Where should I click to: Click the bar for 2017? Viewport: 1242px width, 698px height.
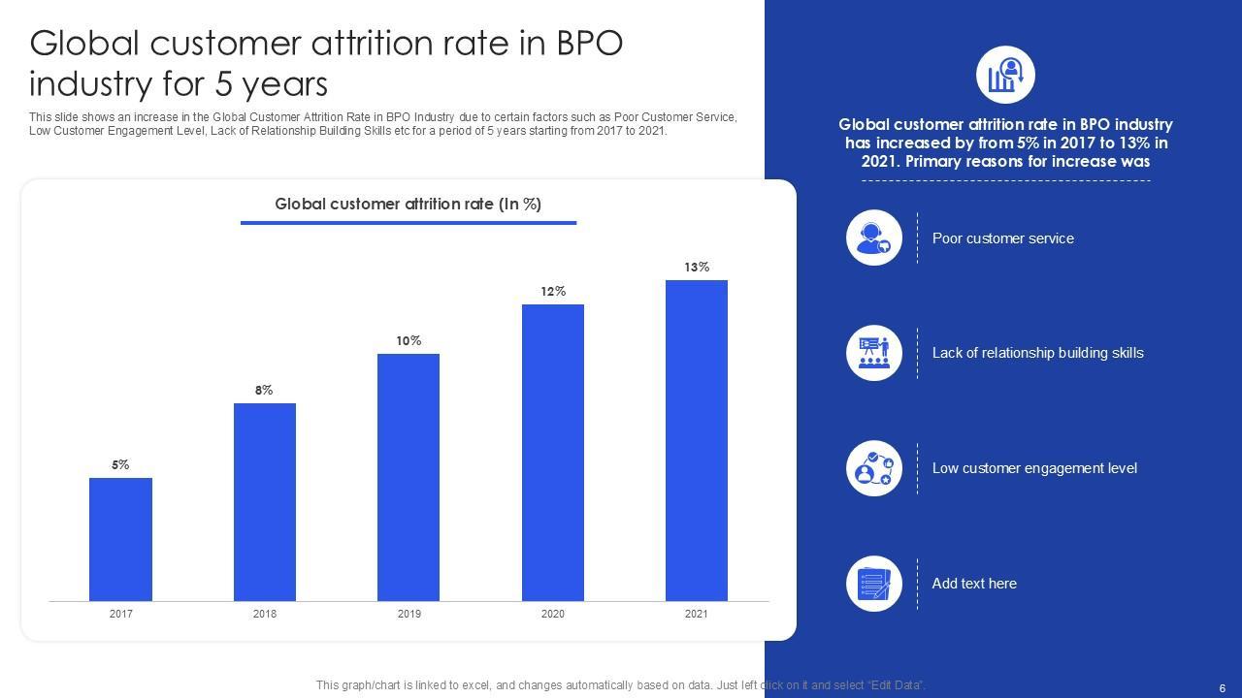(x=120, y=539)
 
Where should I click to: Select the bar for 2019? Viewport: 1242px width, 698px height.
(x=409, y=477)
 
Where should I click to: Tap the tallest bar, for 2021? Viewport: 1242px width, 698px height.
(x=697, y=440)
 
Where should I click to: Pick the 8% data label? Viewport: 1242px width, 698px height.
(x=264, y=390)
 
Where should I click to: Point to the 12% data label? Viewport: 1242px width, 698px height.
(x=553, y=291)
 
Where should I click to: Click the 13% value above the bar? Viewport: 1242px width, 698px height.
(x=697, y=267)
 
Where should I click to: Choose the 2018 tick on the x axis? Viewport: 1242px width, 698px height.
(x=265, y=614)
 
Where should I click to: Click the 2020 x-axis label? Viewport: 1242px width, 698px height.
(x=553, y=614)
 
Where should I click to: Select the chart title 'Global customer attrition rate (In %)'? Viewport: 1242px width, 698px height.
(x=408, y=204)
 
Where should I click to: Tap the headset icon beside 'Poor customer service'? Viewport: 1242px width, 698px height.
(x=874, y=238)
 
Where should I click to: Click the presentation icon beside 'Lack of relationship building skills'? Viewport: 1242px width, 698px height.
(x=874, y=353)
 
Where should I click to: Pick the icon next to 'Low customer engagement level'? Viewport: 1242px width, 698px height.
(x=874, y=468)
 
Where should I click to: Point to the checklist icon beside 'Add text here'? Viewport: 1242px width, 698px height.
(x=874, y=584)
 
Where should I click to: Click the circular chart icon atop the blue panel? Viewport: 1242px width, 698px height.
(x=1005, y=75)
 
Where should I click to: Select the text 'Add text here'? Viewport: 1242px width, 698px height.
(x=974, y=584)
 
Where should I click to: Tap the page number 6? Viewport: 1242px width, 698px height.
(x=1222, y=687)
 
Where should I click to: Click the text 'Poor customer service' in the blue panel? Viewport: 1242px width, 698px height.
(x=1002, y=238)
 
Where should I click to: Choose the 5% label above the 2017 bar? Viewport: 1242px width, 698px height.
(x=120, y=464)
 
